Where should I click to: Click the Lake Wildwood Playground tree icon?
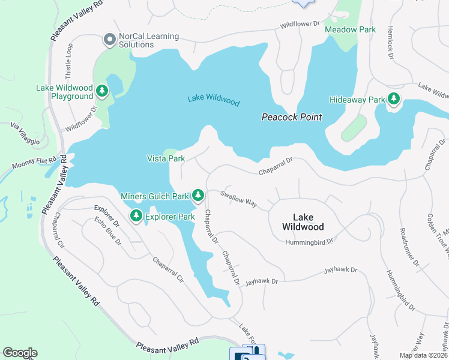(x=103, y=91)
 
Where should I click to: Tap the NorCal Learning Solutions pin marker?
(x=109, y=40)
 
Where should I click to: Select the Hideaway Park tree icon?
(x=394, y=99)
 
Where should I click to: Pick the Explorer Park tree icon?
(x=136, y=216)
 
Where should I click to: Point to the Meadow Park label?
(x=350, y=29)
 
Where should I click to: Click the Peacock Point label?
(x=292, y=117)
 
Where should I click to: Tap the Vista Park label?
(x=166, y=158)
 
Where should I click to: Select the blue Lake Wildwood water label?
(x=213, y=100)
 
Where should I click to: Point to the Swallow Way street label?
(x=239, y=200)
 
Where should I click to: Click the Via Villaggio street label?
(x=23, y=134)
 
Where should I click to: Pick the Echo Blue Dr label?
(x=108, y=233)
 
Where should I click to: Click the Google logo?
(x=20, y=353)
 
